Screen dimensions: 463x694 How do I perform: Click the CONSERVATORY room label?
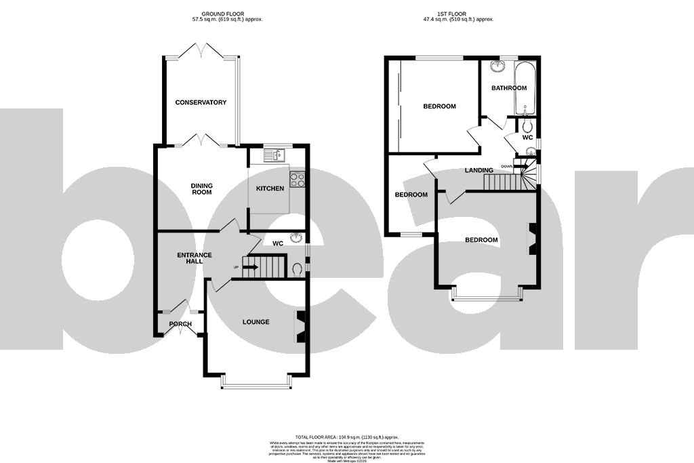click(201, 102)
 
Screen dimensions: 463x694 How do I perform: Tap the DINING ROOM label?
click(201, 188)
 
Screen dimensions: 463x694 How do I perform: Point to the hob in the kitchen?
click(297, 179)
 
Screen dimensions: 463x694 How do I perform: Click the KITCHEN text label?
click(270, 188)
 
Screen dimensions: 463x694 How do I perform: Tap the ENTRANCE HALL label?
click(195, 258)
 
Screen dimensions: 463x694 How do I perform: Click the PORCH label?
click(180, 324)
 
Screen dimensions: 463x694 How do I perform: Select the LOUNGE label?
click(257, 322)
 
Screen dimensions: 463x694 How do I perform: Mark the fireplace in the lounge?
click(300, 327)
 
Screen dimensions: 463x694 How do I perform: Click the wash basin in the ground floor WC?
click(296, 238)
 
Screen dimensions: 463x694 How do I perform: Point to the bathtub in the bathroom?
click(525, 88)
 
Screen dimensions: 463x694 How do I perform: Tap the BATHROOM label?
click(508, 88)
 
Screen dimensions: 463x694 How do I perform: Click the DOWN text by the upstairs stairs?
click(506, 166)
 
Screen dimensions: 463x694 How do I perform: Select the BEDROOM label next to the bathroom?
click(439, 106)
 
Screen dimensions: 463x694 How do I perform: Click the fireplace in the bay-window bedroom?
click(533, 239)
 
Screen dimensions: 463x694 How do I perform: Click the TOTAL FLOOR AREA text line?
click(346, 437)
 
